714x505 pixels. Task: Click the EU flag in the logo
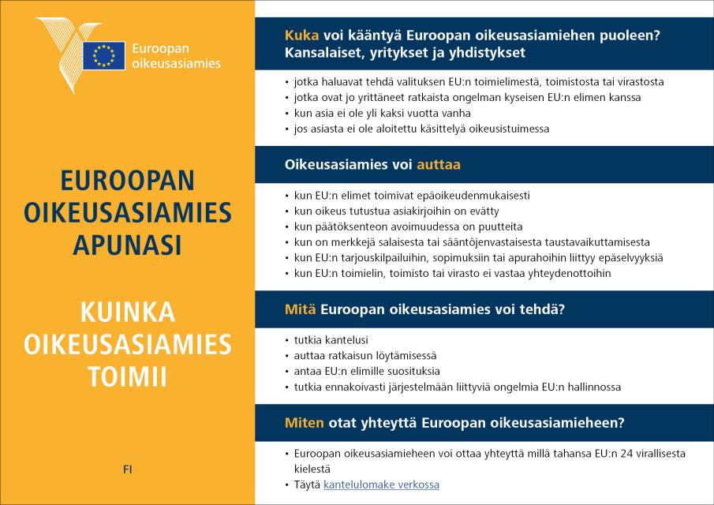(x=103, y=55)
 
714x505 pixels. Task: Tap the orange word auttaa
(x=439, y=165)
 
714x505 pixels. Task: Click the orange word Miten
(x=304, y=423)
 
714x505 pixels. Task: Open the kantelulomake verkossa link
(x=381, y=484)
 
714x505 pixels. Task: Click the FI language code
(x=128, y=469)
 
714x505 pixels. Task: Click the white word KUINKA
(x=128, y=313)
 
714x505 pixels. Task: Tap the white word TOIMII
(x=128, y=376)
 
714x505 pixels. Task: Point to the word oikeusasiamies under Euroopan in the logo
(x=177, y=63)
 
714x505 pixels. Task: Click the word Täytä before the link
(x=307, y=484)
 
